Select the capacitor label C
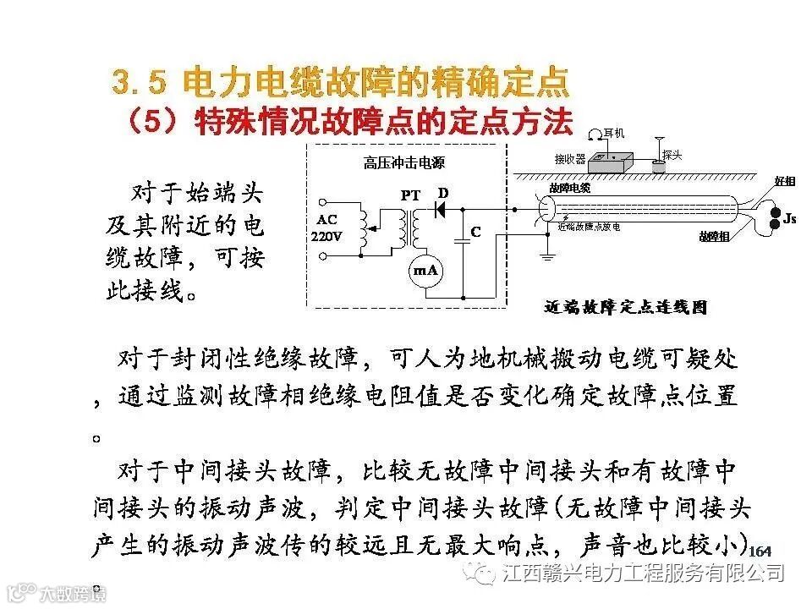(476, 231)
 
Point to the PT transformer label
(411, 195)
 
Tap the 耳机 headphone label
(614, 134)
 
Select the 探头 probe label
(673, 155)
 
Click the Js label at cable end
(789, 219)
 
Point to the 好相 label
(785, 182)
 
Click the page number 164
(760, 551)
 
